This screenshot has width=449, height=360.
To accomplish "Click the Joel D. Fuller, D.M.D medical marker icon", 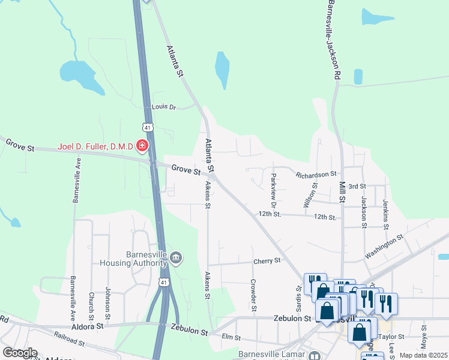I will click(x=142, y=146).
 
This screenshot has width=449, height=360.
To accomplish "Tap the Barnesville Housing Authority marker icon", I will click(x=176, y=258).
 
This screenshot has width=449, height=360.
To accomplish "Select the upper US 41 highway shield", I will click(x=148, y=127).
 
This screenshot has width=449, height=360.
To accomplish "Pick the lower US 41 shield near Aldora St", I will click(x=164, y=282).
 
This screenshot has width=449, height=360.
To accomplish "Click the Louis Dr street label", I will click(x=164, y=107).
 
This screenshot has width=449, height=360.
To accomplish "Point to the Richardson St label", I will click(x=316, y=174).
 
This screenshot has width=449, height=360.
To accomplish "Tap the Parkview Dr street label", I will click(x=273, y=187).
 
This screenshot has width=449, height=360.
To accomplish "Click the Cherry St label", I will click(x=267, y=261).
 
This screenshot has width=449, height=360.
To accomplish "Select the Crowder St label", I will click(x=253, y=295).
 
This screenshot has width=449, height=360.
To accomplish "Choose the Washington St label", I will click(x=384, y=247).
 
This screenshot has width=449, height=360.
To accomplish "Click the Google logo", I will click(x=20, y=353).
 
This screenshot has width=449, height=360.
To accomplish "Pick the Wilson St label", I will click(x=310, y=195).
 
